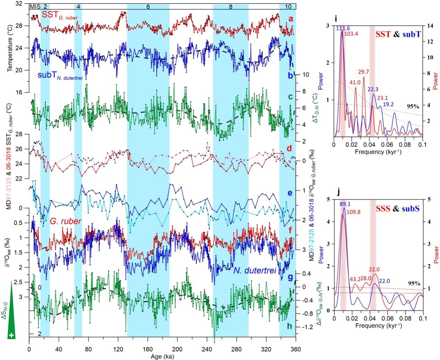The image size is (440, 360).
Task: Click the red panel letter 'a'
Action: click(291, 19)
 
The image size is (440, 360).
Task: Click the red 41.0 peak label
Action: click(354, 83)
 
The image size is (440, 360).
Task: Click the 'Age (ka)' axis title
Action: click(162, 356)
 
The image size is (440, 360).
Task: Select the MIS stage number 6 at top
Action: click(148, 7)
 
